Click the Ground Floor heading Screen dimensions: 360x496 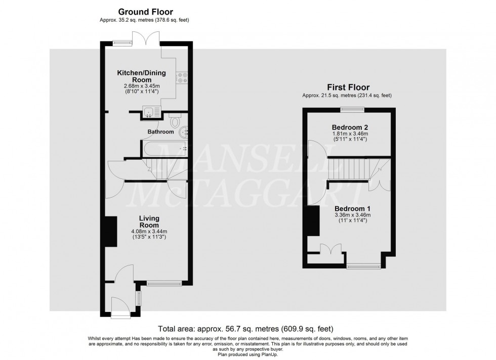point(145,12)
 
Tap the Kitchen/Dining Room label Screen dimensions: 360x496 point(141,76)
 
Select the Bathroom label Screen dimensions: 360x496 point(160,132)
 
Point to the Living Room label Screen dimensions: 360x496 point(149,221)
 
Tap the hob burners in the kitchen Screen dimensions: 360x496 point(181,77)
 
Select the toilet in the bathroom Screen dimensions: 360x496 point(175,122)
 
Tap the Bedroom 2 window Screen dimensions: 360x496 point(348,109)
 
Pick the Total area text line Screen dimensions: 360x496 point(246,328)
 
